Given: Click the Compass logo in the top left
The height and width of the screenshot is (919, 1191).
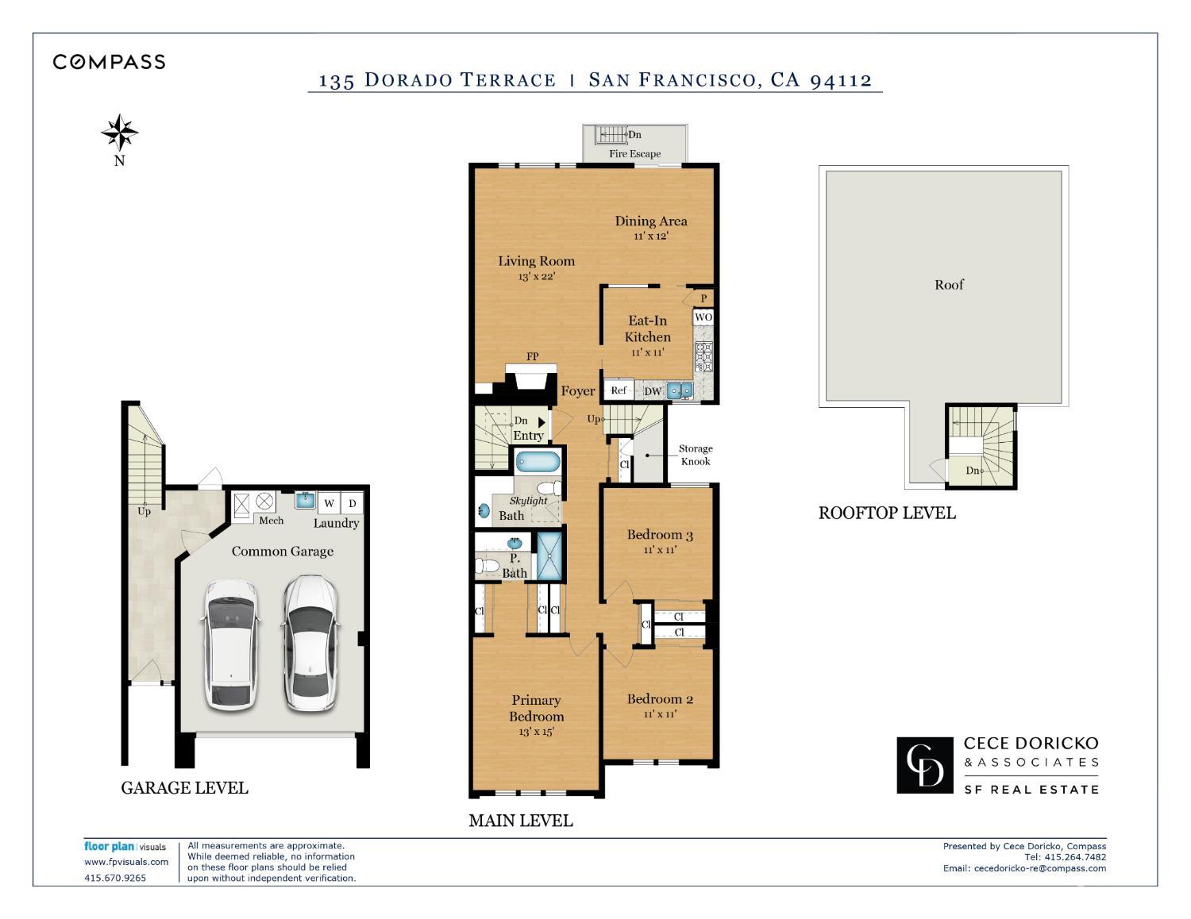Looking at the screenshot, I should pyautogui.click(x=109, y=62).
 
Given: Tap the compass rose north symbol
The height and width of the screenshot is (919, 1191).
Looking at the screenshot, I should pyautogui.click(x=120, y=133).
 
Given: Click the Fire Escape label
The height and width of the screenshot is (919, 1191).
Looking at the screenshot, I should pyautogui.click(x=634, y=154).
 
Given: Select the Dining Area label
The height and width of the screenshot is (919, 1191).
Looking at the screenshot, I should pyautogui.click(x=650, y=221).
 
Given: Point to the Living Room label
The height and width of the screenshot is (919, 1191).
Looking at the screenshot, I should pyautogui.click(x=536, y=261).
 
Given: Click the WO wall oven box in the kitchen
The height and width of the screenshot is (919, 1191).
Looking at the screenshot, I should pyautogui.click(x=703, y=317).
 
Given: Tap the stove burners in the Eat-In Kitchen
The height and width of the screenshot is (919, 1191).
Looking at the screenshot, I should pyautogui.click(x=703, y=356).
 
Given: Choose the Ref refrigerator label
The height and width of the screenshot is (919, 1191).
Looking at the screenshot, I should pyautogui.click(x=619, y=390).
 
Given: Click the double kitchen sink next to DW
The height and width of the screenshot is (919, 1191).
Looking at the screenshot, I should pyautogui.click(x=679, y=390).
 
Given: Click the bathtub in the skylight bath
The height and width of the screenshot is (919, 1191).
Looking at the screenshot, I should pyautogui.click(x=537, y=461).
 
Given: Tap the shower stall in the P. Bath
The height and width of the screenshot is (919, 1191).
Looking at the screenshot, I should pyautogui.click(x=549, y=557).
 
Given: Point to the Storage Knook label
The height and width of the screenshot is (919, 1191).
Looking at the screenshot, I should pyautogui.click(x=695, y=455).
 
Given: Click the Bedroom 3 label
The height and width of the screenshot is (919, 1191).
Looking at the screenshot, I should pyautogui.click(x=660, y=535).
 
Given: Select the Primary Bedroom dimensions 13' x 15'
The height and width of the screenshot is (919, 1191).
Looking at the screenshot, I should pyautogui.click(x=536, y=732).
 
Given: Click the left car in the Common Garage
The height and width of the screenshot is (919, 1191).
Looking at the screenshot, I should pyautogui.click(x=231, y=644).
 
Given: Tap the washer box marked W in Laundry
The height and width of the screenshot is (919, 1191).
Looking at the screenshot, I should pyautogui.click(x=329, y=503).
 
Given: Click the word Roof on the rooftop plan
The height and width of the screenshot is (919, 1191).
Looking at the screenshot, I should pyautogui.click(x=949, y=285).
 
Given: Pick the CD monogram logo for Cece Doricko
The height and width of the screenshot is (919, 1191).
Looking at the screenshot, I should pyautogui.click(x=925, y=765).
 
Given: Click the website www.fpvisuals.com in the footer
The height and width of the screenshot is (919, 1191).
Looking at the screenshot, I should pyautogui.click(x=126, y=862).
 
